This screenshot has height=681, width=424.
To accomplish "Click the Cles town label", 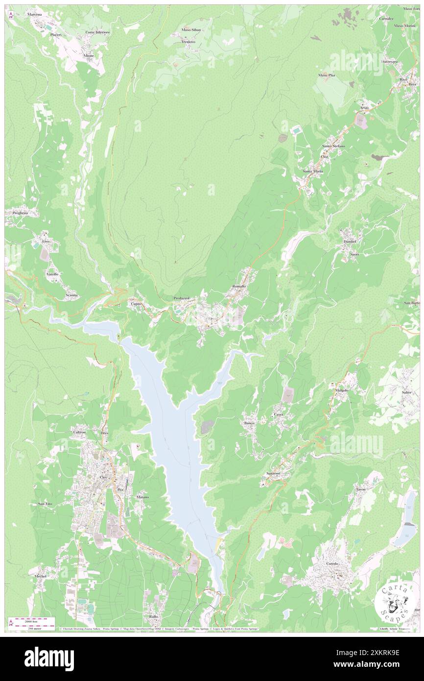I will (103, 477).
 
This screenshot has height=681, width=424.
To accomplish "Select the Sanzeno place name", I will (273, 474).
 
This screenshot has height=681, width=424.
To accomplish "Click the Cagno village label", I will (136, 304).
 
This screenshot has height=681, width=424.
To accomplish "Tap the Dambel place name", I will (351, 242).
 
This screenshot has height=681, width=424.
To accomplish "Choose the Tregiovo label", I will (188, 42).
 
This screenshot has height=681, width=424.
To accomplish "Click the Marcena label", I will (35, 15).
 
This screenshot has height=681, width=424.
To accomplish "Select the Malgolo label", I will (342, 390).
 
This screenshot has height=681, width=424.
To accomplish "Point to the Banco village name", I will (249, 422).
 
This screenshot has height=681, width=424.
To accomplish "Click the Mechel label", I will (40, 576).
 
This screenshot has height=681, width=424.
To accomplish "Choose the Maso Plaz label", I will (327, 75).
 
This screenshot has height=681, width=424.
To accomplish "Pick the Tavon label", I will (361, 489).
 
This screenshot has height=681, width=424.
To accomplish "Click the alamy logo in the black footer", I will (49, 659).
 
